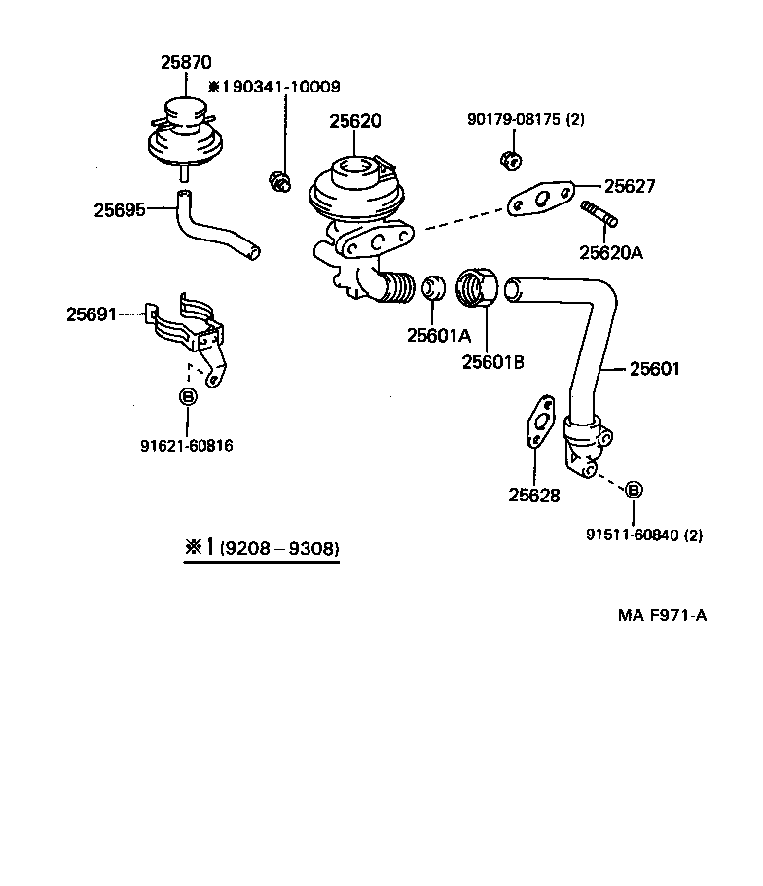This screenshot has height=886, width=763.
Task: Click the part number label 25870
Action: click(185, 62)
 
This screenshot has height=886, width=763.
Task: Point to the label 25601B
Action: click(492, 362)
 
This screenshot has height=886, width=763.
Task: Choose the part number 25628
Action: click(533, 495)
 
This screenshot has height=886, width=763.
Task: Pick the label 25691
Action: click(91, 314)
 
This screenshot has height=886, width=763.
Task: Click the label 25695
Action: click(120, 208)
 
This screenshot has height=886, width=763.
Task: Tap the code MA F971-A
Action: click(662, 616)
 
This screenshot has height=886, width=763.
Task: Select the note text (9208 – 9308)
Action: click(278, 549)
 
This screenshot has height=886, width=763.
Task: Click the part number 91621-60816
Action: click(187, 446)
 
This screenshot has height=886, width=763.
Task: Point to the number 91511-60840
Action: click(632, 535)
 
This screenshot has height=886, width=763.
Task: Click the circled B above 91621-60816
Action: click(187, 397)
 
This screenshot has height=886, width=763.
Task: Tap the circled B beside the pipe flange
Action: click(633, 490)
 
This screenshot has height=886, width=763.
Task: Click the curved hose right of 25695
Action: click(215, 231)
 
